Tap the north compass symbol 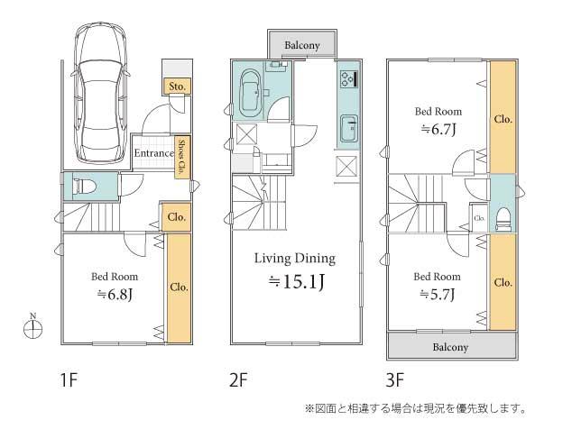(x=32, y=328)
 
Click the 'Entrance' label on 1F (x=154, y=153)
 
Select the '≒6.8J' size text (x=113, y=294)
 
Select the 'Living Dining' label (x=294, y=259)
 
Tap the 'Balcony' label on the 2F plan (x=302, y=44)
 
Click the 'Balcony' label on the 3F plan (x=452, y=347)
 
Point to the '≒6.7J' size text (x=438, y=130)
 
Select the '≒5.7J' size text (x=438, y=295)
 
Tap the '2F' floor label (x=238, y=380)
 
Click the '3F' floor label (x=397, y=380)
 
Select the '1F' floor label (x=69, y=380)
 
